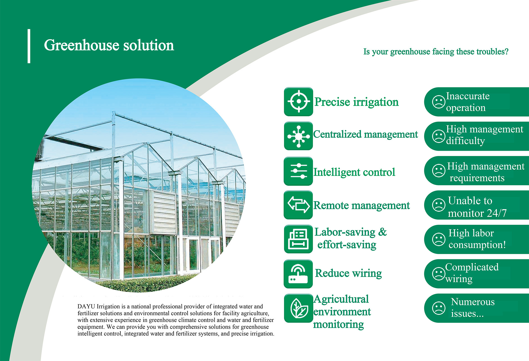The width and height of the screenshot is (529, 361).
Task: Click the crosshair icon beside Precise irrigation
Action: coord(298,101)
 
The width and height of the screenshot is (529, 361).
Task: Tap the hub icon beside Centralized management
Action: coord(298,136)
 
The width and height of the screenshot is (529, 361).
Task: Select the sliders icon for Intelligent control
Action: coord(298,171)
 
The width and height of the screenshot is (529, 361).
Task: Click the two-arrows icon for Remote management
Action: coord(298,205)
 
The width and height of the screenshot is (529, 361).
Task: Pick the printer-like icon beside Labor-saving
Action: coord(298,239)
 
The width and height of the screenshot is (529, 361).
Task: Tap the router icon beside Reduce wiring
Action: coord(298,274)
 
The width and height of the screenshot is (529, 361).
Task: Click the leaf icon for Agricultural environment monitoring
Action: coord(298,308)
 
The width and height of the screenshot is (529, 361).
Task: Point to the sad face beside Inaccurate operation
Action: coord(439,102)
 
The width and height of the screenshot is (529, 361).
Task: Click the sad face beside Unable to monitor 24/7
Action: coord(439,205)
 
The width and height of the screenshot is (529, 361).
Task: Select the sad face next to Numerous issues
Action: coord(439,308)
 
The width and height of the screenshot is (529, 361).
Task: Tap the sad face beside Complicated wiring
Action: coord(439,274)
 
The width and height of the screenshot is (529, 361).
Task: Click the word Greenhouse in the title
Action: coord(81,45)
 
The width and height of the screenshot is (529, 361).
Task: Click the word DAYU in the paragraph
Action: coord(86,306)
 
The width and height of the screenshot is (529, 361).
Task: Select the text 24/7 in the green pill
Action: coord(496,213)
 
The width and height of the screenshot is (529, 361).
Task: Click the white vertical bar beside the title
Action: coord(29,46)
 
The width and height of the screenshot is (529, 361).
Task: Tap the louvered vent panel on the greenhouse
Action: coord(164,213)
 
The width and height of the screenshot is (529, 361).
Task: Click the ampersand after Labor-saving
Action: coord(382,232)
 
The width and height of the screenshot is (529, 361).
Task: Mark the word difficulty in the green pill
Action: coord(465,141)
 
